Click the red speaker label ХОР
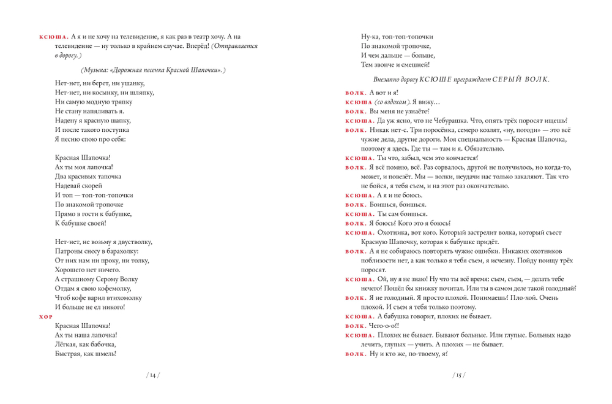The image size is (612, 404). pyautogui.click(x=46, y=316)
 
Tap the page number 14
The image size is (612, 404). pyautogui.click(x=152, y=375)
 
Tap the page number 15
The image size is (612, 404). pyautogui.click(x=460, y=375)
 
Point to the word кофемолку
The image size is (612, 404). pyautogui.click(x=113, y=288)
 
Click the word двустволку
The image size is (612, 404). pyautogui.click(x=133, y=242)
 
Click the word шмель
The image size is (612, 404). pyautogui.click(x=104, y=353)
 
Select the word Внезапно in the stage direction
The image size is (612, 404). pyautogui.click(x=386, y=79)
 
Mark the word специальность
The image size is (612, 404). pyautogui.click(x=479, y=140)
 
